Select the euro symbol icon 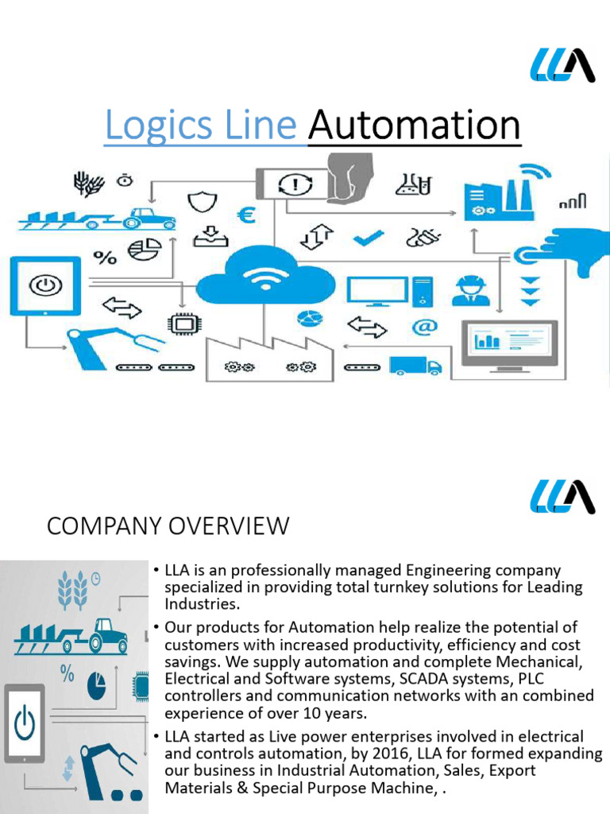246,215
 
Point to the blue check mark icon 368,236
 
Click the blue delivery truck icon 415,365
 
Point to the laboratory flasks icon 413,184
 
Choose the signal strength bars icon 572,202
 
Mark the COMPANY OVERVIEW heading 168,525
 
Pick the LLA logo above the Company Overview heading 562,496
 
